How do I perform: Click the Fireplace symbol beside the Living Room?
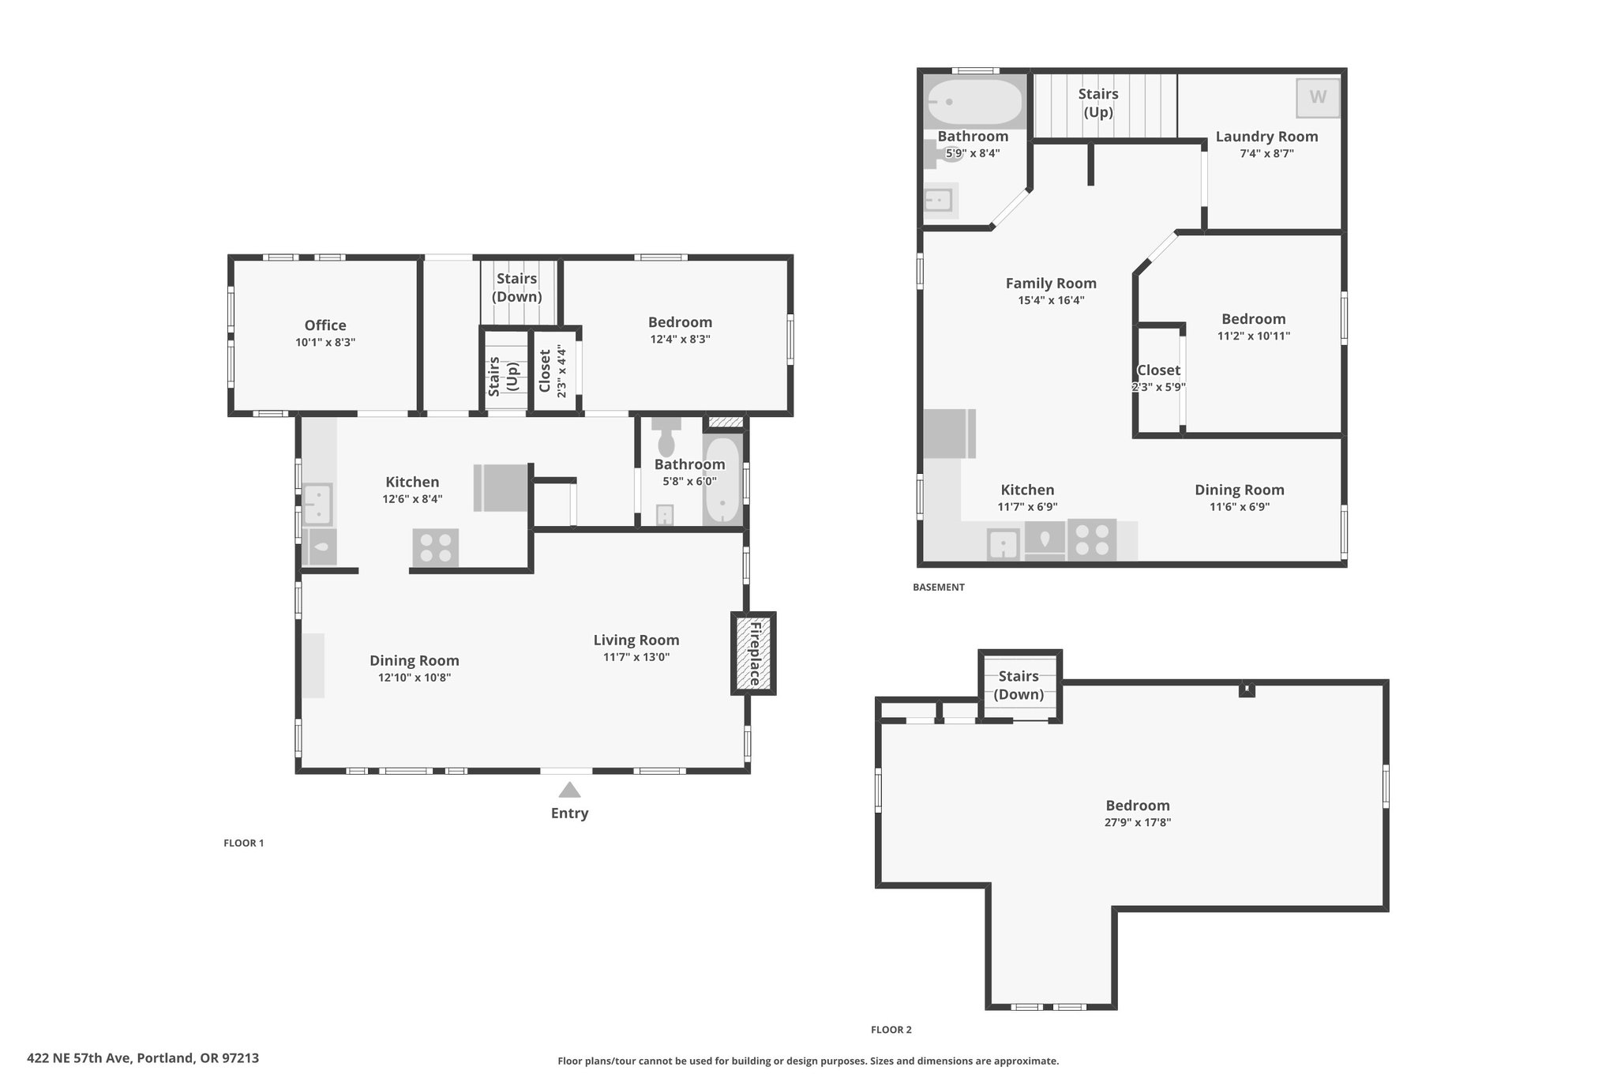click(753, 653)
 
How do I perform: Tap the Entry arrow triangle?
click(569, 790)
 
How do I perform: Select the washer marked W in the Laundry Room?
click(1318, 97)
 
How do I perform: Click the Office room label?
click(325, 325)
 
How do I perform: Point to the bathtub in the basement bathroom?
click(975, 102)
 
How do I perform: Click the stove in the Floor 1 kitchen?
click(435, 547)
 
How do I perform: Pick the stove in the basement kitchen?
click(1092, 539)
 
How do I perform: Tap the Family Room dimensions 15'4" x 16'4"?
click(1051, 300)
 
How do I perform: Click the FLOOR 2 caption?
click(891, 1029)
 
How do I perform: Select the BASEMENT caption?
click(939, 587)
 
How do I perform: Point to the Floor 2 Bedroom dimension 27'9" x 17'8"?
click(1138, 822)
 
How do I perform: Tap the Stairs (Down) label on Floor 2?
click(1019, 685)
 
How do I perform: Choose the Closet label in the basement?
click(1158, 370)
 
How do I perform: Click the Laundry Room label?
click(1266, 137)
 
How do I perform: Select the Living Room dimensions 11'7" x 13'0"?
click(636, 657)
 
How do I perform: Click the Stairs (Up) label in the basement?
click(1098, 103)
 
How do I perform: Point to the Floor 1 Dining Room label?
click(415, 661)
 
